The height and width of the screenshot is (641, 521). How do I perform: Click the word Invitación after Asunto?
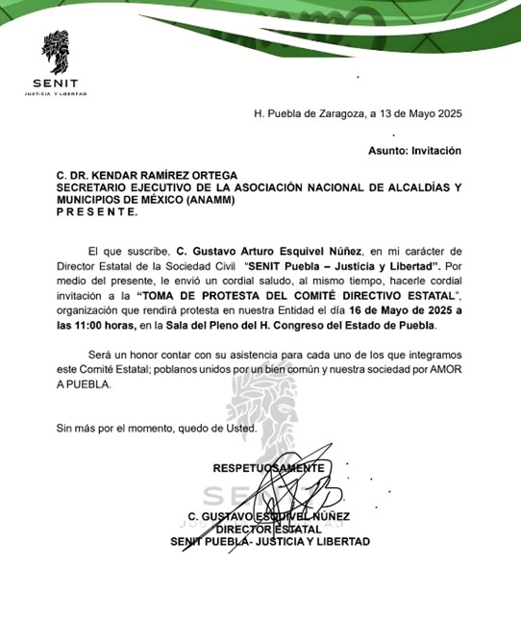pos(436,151)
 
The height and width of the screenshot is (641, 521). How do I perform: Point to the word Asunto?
pos(387,151)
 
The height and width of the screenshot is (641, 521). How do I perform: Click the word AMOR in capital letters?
pos(443,370)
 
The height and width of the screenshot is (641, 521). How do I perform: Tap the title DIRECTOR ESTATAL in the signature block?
pos(268,529)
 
